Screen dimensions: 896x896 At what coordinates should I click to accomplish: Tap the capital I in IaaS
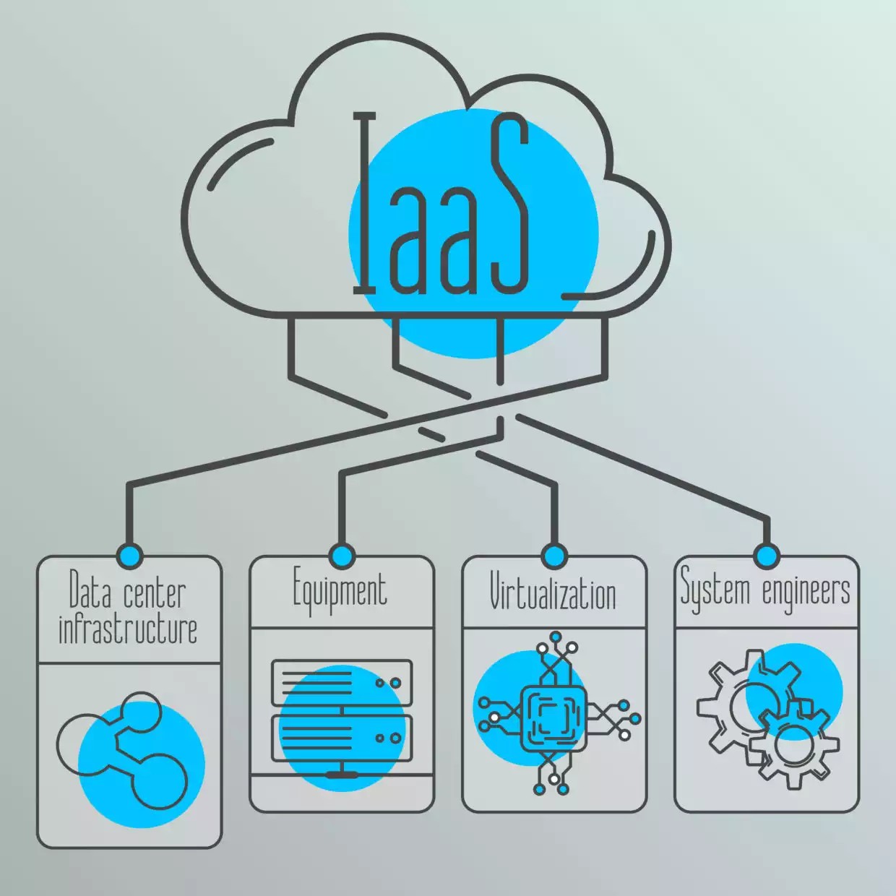point(366,206)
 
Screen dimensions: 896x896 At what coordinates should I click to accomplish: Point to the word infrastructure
point(128,629)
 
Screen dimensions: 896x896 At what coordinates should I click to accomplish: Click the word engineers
point(806,591)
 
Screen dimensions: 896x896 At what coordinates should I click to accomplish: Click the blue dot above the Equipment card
point(341,556)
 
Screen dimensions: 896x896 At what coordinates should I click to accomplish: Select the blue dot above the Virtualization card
point(553,556)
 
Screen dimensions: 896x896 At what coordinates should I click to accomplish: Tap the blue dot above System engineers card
point(766,556)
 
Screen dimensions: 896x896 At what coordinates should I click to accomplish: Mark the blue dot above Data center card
point(130,556)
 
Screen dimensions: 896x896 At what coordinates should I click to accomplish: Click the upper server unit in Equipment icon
point(341,682)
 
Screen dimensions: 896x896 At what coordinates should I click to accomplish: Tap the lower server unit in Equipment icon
point(341,738)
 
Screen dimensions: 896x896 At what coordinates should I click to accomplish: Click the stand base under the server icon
point(341,774)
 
